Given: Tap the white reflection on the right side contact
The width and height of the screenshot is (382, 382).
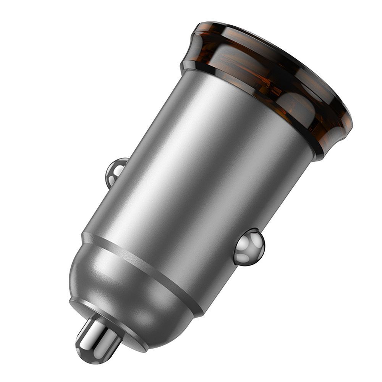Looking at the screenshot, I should (x=244, y=250).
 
